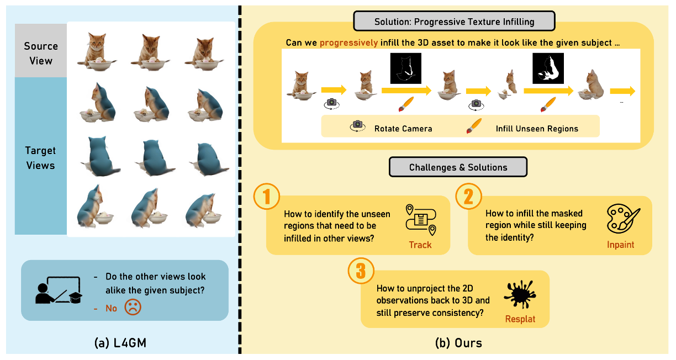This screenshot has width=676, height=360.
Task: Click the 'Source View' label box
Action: click(x=41, y=53)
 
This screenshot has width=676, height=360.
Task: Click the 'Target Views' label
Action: click(x=40, y=157)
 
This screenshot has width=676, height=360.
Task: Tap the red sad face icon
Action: click(x=133, y=308)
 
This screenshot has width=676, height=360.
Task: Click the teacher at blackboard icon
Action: click(x=58, y=290)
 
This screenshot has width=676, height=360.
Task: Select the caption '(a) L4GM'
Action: click(x=120, y=343)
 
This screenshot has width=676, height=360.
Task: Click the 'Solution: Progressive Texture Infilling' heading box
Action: click(x=453, y=22)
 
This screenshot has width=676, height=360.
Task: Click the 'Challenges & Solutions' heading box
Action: click(x=458, y=167)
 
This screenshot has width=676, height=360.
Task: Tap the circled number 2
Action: click(x=468, y=197)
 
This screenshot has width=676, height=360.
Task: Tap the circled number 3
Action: click(x=361, y=271)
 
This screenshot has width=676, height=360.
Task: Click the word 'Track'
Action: click(x=420, y=245)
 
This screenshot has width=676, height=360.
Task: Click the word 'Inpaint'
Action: click(x=620, y=245)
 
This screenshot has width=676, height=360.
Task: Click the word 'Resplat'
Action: click(x=520, y=319)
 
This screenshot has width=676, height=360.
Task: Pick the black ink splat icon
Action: click(x=520, y=294)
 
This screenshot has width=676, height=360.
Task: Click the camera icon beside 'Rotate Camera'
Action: click(x=358, y=128)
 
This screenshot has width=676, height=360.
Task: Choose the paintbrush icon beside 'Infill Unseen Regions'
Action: click(x=472, y=128)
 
